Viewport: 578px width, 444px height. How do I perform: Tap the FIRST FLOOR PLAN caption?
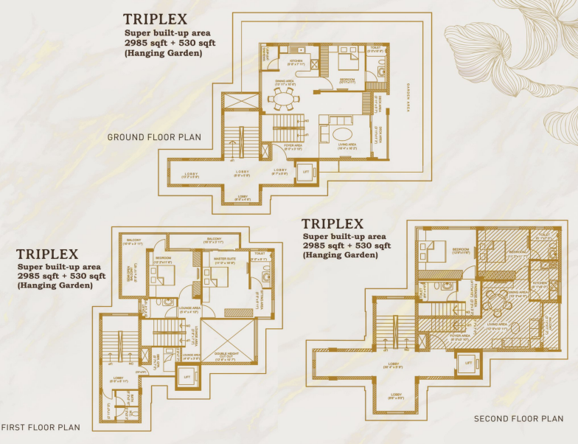coord(40,427)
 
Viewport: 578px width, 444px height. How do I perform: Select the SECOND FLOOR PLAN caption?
coord(518,418)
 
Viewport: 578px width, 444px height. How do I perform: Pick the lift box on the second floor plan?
coord(465,364)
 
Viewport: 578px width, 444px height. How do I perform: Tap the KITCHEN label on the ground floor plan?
coord(295,63)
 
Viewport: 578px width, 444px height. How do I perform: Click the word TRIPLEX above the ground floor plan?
coord(155,19)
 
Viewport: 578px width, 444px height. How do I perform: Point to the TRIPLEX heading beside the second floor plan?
coord(332,224)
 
